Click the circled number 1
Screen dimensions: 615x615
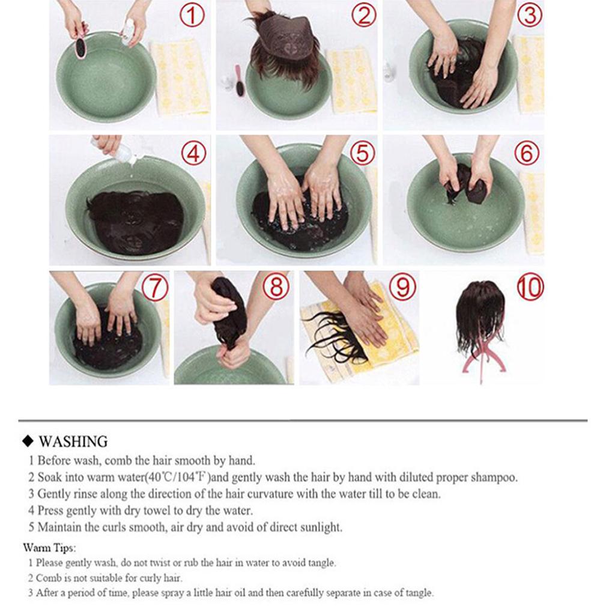[192, 16]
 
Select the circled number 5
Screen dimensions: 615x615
[362, 153]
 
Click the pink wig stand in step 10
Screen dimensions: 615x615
[481, 361]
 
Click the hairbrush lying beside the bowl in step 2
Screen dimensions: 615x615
[240, 81]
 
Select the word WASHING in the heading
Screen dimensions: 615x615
[73, 441]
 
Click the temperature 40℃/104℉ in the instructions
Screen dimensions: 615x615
[177, 477]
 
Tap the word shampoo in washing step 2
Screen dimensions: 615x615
[494, 477]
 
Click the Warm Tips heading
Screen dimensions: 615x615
[49, 548]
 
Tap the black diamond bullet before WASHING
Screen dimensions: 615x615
[28, 441]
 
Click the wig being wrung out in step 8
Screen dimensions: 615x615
[230, 313]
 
